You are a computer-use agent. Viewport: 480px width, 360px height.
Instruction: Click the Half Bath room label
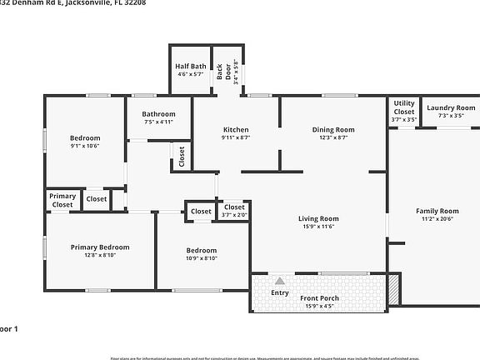tap(191, 67)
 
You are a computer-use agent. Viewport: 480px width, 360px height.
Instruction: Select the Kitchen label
tap(236, 129)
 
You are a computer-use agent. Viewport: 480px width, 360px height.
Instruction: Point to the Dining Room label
tap(333, 129)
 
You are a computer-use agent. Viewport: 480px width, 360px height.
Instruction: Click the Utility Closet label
tap(404, 107)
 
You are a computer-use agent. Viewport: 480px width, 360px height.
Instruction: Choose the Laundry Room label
tap(451, 108)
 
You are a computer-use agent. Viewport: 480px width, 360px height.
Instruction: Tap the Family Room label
tap(437, 211)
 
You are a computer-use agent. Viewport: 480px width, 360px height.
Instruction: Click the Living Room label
tap(318, 219)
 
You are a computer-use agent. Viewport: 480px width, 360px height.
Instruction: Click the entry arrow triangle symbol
tap(279, 281)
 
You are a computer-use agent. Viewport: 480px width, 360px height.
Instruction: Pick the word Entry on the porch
tap(280, 292)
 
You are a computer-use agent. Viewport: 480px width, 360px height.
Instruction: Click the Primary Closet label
tap(62, 200)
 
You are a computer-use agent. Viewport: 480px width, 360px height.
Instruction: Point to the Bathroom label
tap(158, 114)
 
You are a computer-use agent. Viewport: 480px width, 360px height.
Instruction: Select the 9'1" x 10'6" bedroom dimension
tap(85, 146)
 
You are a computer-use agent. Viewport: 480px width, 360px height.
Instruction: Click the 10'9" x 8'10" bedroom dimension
tap(201, 258)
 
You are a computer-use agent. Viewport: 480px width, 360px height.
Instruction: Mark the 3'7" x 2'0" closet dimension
tap(235, 216)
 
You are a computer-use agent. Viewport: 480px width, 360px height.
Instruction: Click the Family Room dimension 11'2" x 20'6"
tap(437, 220)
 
